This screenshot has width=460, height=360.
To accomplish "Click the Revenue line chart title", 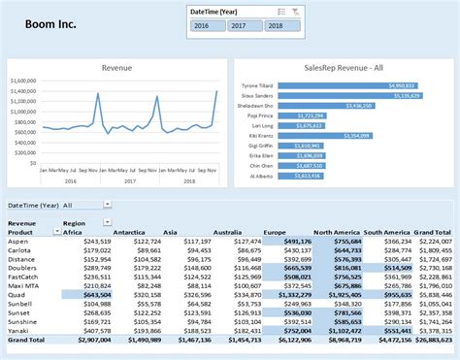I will [x=118, y=69].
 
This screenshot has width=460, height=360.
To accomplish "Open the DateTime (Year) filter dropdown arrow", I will [x=106, y=206].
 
